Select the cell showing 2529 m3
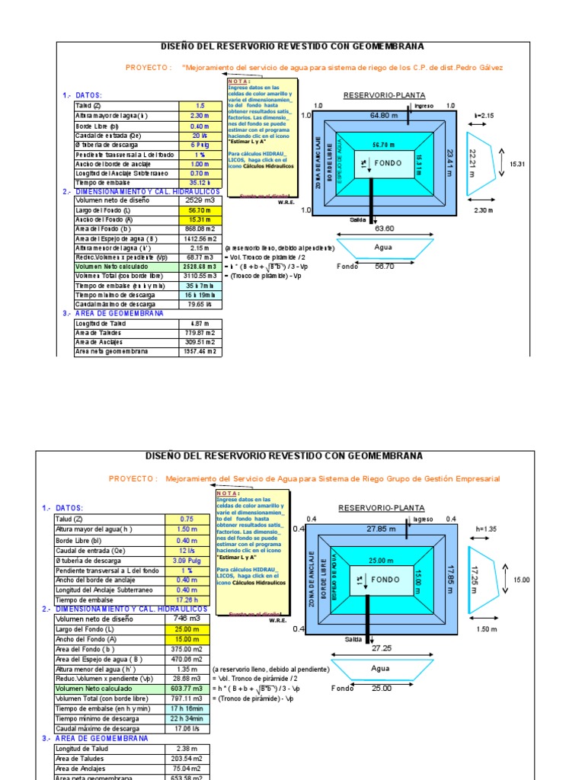[x=200, y=200]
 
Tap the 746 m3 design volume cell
[x=186, y=619]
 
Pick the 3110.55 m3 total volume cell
[x=200, y=275]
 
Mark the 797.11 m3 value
[x=186, y=698]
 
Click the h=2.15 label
[x=484, y=115]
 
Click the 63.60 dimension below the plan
[x=384, y=228]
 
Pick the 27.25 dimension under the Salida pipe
[x=382, y=647]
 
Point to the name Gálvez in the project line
[x=489, y=67]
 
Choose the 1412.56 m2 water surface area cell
[x=200, y=238]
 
